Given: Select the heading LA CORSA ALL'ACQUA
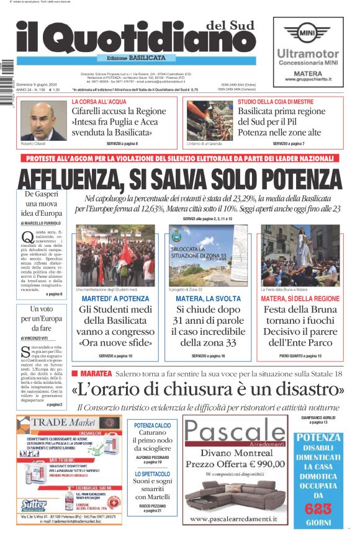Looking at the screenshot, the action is [99, 101].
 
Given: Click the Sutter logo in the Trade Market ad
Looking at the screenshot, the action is [34, 504].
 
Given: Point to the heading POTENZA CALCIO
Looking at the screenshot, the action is [153, 425].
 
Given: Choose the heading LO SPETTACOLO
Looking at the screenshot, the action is [153, 474].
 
